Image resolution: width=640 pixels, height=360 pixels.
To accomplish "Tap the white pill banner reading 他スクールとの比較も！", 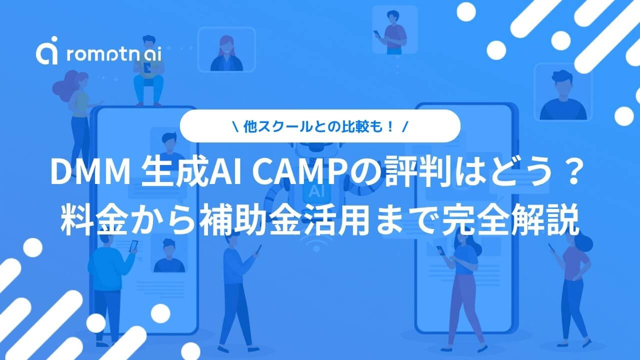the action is (320, 126).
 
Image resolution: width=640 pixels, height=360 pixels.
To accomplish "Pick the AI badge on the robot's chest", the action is (316, 190).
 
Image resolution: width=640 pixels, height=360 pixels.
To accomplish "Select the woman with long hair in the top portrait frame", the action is (226, 53).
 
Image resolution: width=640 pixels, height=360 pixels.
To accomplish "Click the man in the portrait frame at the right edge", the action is (563, 95).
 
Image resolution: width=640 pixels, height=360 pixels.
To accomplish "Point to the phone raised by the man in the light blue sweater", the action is (133, 246).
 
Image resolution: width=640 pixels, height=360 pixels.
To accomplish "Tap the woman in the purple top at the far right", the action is (571, 291).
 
